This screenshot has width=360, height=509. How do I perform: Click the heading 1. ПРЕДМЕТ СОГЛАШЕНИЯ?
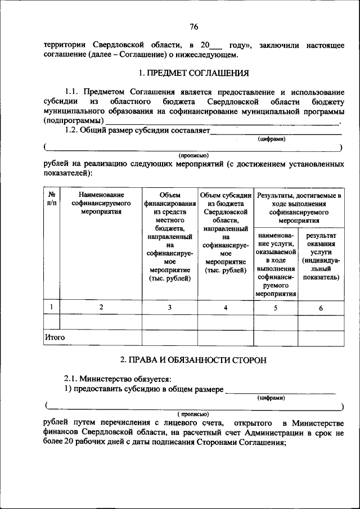pyautogui.click(x=193, y=73)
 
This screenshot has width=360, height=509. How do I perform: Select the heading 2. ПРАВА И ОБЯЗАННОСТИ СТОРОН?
pyautogui.click(x=193, y=359)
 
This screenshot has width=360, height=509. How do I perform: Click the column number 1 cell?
pyautogui.click(x=51, y=307)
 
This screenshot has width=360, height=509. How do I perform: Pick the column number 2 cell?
pyautogui.click(x=101, y=307)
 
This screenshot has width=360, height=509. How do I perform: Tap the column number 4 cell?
pyautogui.click(x=226, y=307)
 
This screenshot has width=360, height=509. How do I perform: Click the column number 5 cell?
pyautogui.click(x=276, y=308)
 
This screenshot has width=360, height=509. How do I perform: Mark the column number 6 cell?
pyautogui.click(x=321, y=308)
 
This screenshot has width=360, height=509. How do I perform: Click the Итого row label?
pyautogui.click(x=55, y=337)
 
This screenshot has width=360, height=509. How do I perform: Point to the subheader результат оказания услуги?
pyautogui.click(x=321, y=256)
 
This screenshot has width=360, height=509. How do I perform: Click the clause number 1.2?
pyautogui.click(x=73, y=130)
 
